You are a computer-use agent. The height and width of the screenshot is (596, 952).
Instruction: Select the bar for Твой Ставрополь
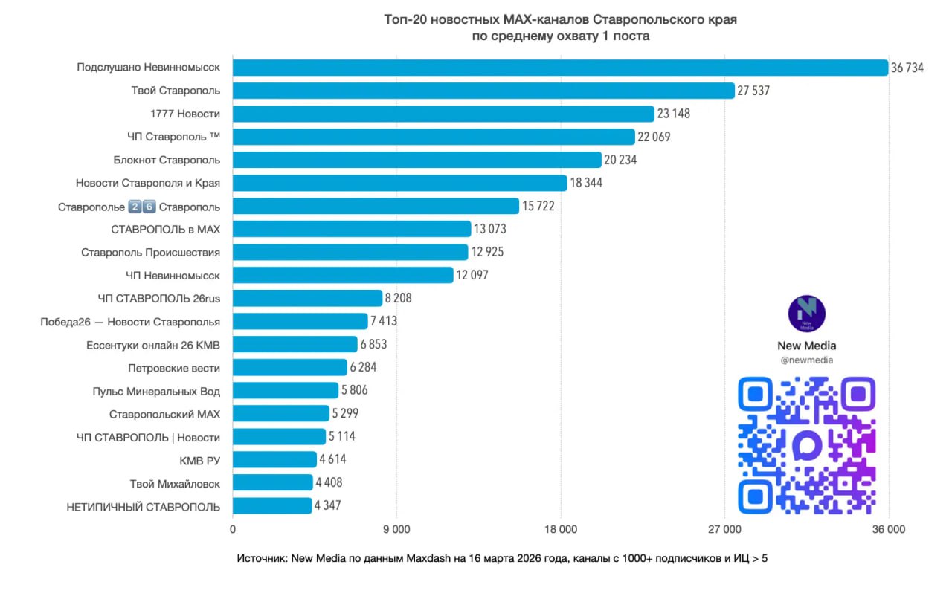coord(483,91)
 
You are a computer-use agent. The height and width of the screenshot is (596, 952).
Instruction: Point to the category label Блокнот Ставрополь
coord(167,160)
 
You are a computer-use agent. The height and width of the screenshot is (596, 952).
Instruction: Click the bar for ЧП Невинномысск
coord(343,275)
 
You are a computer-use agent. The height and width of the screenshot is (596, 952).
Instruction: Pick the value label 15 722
coord(538,206)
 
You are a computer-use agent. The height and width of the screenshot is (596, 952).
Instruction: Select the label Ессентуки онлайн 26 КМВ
coord(153,345)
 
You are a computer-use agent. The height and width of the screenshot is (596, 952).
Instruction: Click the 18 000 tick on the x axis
coord(560,530)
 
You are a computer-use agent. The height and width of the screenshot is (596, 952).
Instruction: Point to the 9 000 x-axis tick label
coord(396,530)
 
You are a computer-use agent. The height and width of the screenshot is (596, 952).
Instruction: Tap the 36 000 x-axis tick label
coord(888,530)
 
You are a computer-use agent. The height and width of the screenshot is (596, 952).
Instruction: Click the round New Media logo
coord(806,314)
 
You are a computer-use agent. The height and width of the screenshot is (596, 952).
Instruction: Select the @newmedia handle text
coord(806,360)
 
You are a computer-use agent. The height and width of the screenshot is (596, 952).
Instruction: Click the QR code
coord(806,445)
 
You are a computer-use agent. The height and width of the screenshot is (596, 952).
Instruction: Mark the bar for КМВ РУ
coord(274,459)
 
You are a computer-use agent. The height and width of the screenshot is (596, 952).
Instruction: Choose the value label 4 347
coord(328,506)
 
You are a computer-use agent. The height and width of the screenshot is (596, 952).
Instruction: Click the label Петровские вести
coord(174,368)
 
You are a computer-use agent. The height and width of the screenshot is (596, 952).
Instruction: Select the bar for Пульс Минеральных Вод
coord(286,390)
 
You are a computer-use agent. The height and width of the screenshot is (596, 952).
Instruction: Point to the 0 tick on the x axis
coord(233,530)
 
